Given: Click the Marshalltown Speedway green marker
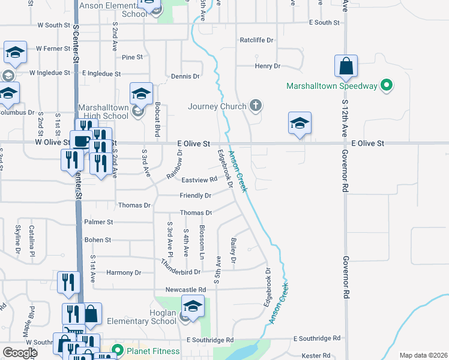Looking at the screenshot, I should [x=387, y=86].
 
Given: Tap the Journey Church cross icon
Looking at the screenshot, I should [x=256, y=107].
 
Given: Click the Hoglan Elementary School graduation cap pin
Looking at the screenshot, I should [x=193, y=307].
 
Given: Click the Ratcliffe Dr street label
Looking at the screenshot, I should [x=256, y=40].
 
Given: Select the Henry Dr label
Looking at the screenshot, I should [x=268, y=66].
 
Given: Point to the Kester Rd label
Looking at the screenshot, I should [x=312, y=355].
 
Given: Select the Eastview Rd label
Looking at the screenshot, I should [x=199, y=180].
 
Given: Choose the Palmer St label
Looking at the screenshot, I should [x=99, y=222].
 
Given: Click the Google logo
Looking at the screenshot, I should [x=20, y=353].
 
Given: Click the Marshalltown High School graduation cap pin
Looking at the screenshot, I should [x=141, y=94].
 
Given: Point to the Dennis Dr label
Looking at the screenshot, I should [x=185, y=76].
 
